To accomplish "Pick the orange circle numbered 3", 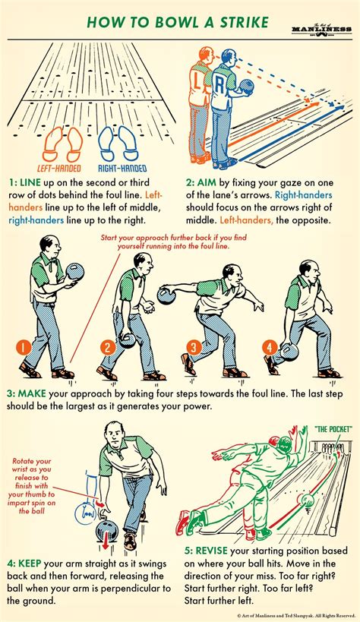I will [193, 348].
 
